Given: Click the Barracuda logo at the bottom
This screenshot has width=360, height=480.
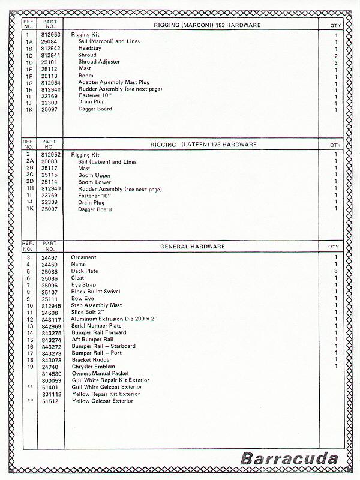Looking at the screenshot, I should pos(289,460).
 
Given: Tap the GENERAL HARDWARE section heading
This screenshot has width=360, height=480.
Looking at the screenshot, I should pos(193,246).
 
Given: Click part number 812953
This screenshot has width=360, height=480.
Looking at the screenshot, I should pos(50,35).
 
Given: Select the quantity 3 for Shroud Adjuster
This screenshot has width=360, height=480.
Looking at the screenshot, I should pos(336,62).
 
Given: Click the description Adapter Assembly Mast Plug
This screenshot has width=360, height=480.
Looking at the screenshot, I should pos(114,82).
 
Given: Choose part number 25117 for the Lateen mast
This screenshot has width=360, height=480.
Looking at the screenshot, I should pos(49,169).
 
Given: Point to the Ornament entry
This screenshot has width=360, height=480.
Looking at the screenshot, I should pos(84,257).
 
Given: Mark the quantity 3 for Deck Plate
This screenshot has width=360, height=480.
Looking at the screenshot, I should pos(336,271).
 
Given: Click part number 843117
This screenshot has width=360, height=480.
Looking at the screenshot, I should pos(50,319).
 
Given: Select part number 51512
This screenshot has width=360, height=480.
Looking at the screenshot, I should pos(49,401).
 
